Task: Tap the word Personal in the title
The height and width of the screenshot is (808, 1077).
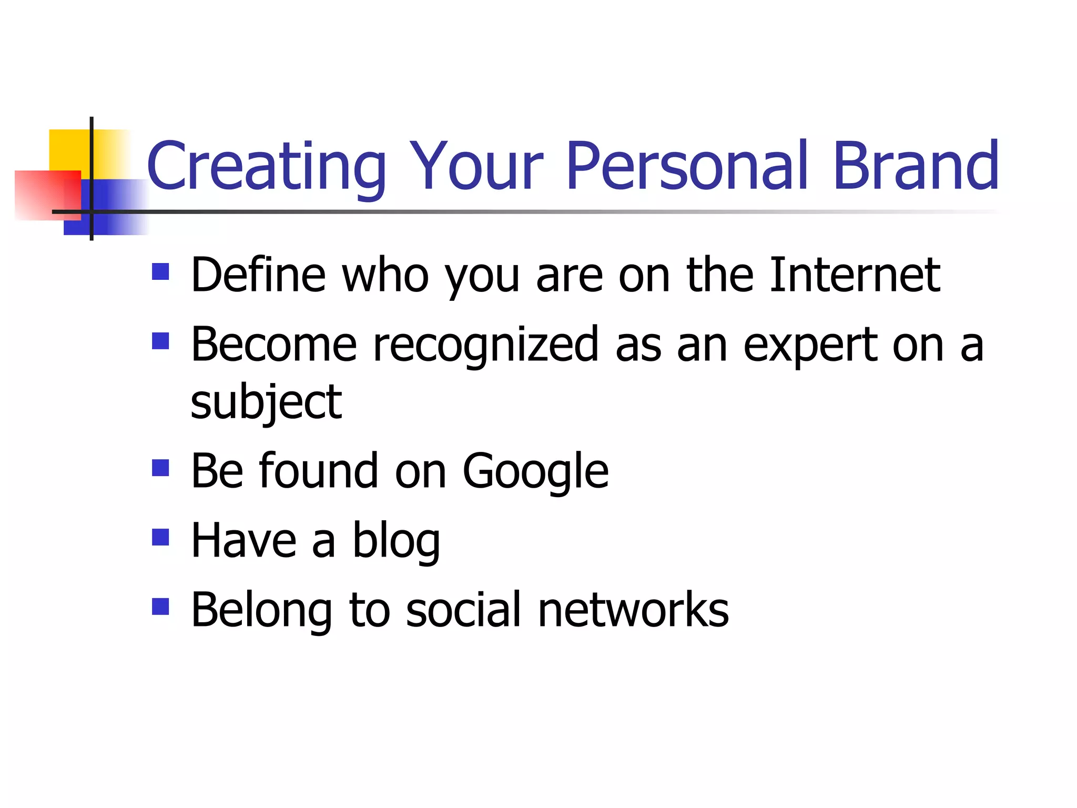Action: pyautogui.click(x=686, y=167)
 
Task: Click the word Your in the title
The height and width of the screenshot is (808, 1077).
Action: pyautogui.click(x=476, y=167)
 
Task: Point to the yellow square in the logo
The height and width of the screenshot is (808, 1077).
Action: pyautogui.click(x=68, y=149)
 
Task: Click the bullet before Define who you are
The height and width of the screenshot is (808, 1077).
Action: pyautogui.click(x=160, y=272)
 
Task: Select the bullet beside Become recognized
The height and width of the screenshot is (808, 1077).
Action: pyautogui.click(x=160, y=341)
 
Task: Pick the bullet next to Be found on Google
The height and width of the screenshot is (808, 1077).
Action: pyautogui.click(x=160, y=468)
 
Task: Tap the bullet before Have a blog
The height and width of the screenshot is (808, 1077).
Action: pyautogui.click(x=160, y=537)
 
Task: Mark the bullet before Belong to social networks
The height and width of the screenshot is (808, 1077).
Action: pyautogui.click(x=160, y=607)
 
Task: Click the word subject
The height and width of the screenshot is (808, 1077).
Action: pyautogui.click(x=266, y=404)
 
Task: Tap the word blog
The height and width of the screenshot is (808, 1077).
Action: pyautogui.click(x=395, y=542)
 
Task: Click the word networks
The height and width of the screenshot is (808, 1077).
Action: pyautogui.click(x=633, y=610)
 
